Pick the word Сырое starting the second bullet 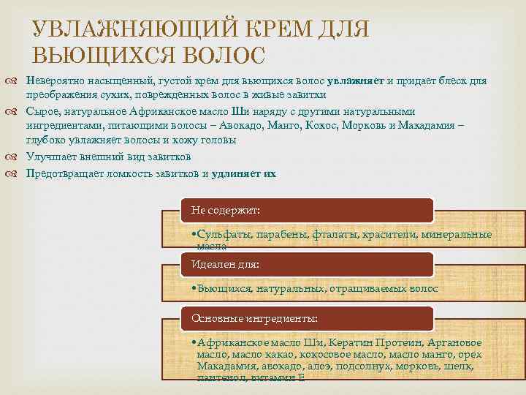[x=41, y=112]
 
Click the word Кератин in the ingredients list [x=351, y=343]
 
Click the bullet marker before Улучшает [x=17, y=157]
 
